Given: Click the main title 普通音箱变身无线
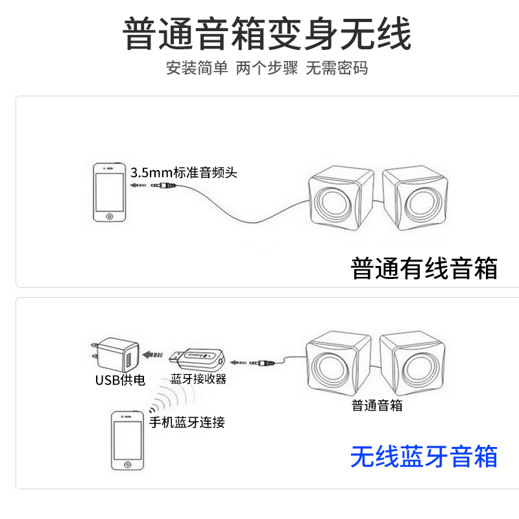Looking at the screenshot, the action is pyautogui.click(x=267, y=34).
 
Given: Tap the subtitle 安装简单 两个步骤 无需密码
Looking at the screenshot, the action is pyautogui.click(x=267, y=68).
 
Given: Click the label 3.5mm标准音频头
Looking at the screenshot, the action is pyautogui.click(x=184, y=173).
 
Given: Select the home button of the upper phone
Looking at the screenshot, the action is pyautogui.click(x=110, y=217).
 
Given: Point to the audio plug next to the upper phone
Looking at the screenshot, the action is pyautogui.click(x=163, y=186).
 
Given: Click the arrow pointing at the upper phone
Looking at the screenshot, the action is pyautogui.click(x=138, y=185).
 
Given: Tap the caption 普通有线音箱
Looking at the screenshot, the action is pyautogui.click(x=424, y=268).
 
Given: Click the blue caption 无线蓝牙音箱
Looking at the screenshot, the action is pyautogui.click(x=424, y=457).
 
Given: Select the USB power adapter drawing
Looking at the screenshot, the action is pyautogui.click(x=115, y=355).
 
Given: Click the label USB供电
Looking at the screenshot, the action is pyautogui.click(x=120, y=380).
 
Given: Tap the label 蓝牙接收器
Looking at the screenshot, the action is pyautogui.click(x=199, y=379).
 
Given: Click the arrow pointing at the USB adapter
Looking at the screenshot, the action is pyautogui.click(x=152, y=355).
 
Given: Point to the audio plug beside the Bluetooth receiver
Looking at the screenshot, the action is pyautogui.click(x=262, y=363).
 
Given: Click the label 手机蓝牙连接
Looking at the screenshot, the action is pyautogui.click(x=187, y=422).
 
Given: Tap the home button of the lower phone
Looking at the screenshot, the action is pyautogui.click(x=127, y=465).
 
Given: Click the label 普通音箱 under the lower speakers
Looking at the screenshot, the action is pyautogui.click(x=377, y=405).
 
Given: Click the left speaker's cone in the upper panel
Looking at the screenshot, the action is pyautogui.click(x=332, y=202).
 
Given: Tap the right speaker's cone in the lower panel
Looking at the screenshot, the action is pyautogui.click(x=421, y=368).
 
